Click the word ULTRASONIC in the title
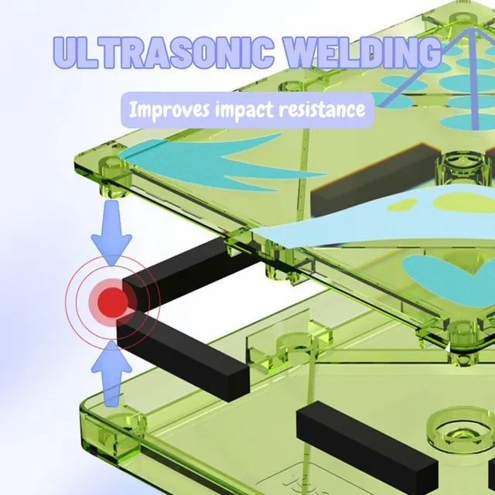(163, 53)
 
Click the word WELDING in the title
(364, 52)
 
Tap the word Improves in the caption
(169, 110)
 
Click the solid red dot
(112, 302)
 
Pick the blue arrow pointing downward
(111, 233)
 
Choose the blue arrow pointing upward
(111, 374)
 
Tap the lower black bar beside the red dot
(183, 356)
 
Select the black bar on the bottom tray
(367, 441)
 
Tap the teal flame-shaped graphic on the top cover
(221, 162)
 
